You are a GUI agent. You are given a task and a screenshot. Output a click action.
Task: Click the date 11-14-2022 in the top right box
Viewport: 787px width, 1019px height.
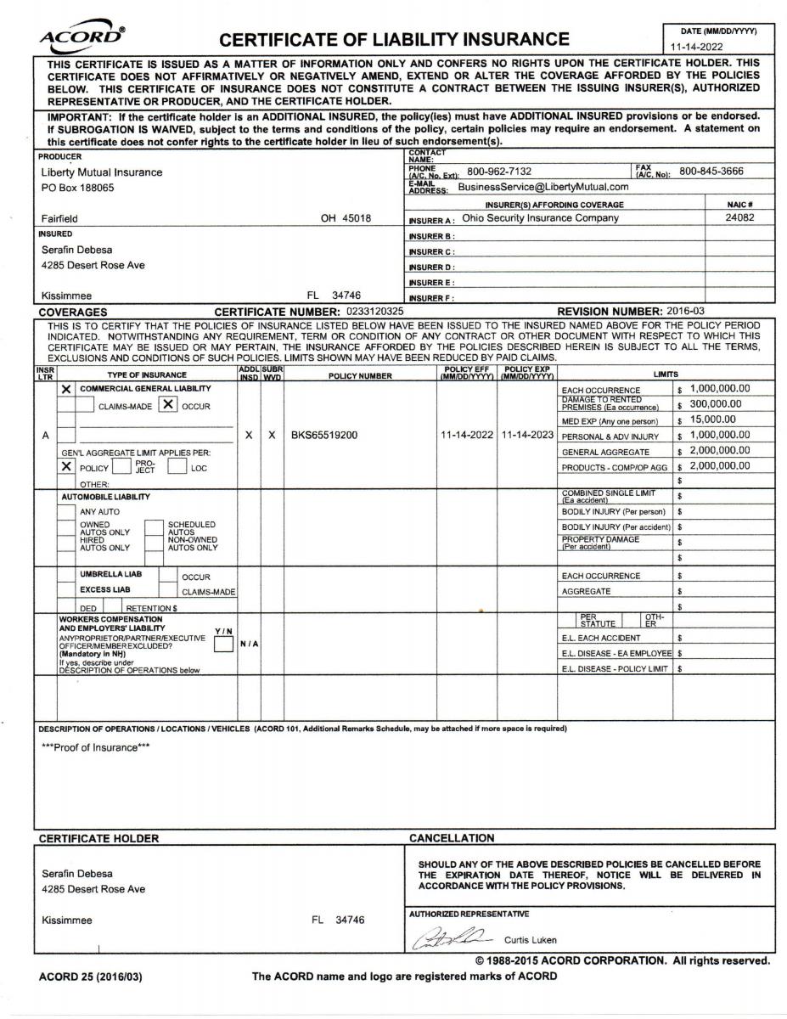698,49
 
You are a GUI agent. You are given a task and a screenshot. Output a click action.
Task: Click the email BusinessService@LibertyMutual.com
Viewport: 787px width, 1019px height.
543,187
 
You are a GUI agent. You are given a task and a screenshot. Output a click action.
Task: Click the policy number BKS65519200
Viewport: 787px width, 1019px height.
324,435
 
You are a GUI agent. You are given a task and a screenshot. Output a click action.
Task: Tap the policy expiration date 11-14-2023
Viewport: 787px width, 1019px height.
526,435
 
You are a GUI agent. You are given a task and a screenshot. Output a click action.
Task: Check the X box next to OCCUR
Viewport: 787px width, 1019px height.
168,405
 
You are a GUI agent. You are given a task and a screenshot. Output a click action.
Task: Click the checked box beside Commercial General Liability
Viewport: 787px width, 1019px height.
66,389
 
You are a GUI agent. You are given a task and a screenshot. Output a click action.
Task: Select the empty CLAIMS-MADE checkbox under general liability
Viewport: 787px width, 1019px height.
85,405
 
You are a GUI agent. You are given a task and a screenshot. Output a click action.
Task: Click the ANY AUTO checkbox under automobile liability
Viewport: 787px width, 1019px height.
66,512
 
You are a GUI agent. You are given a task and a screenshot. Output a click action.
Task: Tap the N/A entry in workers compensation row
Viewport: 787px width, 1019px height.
249,642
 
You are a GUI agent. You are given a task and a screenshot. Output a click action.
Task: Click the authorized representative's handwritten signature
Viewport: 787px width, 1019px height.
450,937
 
